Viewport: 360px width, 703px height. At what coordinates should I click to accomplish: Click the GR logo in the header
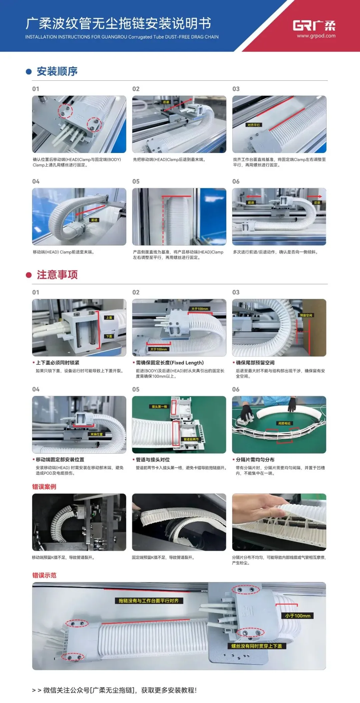pos(314,25)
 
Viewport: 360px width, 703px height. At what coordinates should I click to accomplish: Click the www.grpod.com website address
pos(316,36)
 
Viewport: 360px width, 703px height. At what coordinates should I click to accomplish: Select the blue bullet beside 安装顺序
pos(29,72)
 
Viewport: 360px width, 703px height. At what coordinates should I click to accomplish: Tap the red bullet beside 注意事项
pos(29,275)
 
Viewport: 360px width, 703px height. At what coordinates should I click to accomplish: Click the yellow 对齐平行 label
pos(253,125)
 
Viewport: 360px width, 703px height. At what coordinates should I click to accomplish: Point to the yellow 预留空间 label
pos(306,315)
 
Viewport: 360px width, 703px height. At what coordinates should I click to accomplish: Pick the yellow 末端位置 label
pos(97,434)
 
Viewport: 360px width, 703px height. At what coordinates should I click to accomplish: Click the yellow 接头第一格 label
pos(159,407)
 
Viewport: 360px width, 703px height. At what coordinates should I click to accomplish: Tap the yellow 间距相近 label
pos(284,423)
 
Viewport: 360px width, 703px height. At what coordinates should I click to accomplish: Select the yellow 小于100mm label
pos(298,616)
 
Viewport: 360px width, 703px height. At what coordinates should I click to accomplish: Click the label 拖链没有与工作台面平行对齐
pos(149,601)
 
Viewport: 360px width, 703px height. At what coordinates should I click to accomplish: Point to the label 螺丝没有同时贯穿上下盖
pos(257,646)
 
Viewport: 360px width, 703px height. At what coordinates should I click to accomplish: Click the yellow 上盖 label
pos(109,318)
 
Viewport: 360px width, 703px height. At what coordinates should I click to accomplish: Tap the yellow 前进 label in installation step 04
pos(94,220)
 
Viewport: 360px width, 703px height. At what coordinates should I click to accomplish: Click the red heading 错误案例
pos(44,487)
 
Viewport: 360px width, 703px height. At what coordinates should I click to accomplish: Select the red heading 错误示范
pos(44,575)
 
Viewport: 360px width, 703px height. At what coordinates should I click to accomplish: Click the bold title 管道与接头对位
pos(153,460)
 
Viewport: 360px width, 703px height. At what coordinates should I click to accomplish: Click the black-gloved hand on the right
pos(292,404)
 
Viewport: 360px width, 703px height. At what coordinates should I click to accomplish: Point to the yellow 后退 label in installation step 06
pos(317,203)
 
